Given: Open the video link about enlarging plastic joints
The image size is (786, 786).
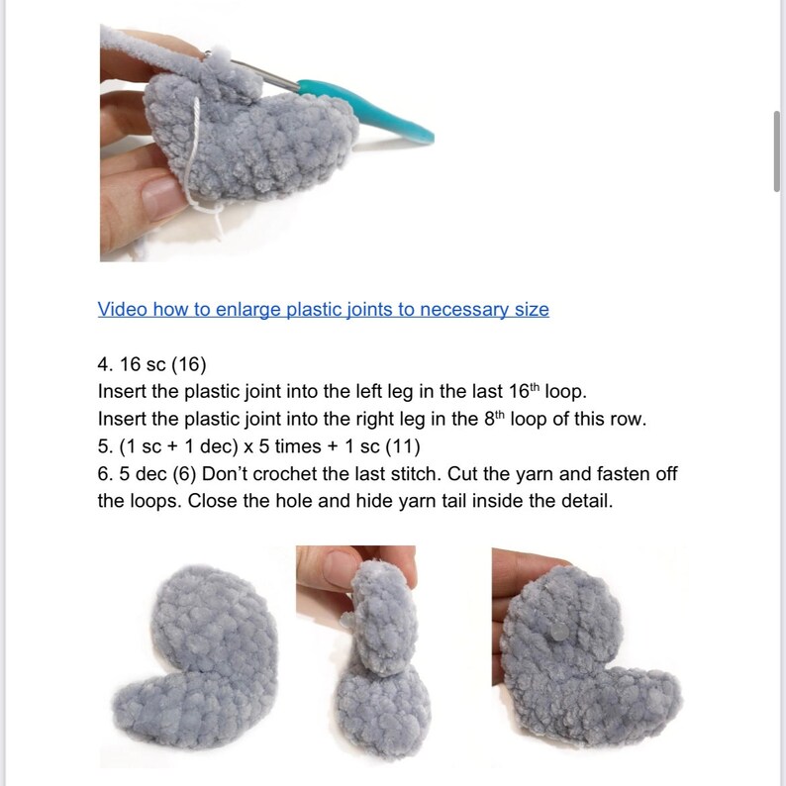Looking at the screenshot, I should tap(323, 309).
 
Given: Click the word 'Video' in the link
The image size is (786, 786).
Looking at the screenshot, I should tap(122, 309).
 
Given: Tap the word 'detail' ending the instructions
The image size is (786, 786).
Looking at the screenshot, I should tap(585, 501).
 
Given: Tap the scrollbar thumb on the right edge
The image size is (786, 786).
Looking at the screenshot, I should tap(777, 148).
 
